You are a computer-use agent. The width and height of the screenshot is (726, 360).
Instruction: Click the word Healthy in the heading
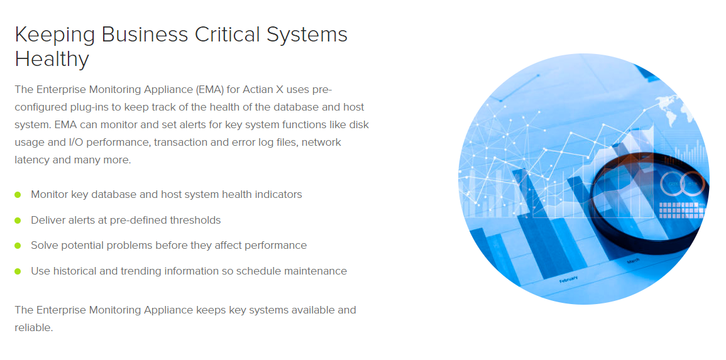pyautogui.click(x=52, y=60)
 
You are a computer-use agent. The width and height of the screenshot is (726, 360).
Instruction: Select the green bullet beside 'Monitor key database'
pyautogui.click(x=18, y=195)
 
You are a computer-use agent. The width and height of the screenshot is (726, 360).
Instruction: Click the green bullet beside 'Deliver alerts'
pyautogui.click(x=18, y=221)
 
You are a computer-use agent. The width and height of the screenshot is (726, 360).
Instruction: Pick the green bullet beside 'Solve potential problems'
pyautogui.click(x=18, y=246)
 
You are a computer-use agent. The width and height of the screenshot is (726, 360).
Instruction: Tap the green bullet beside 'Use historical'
pyautogui.click(x=18, y=271)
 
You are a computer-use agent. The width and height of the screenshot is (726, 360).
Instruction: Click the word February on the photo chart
pyautogui.click(x=568, y=280)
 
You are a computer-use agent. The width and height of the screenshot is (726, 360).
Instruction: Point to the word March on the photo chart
pyautogui.click(x=634, y=262)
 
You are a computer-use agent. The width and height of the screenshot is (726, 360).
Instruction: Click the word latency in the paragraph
pyautogui.click(x=31, y=160)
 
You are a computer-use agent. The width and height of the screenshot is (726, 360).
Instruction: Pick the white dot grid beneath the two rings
pyautogui.click(x=679, y=210)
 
